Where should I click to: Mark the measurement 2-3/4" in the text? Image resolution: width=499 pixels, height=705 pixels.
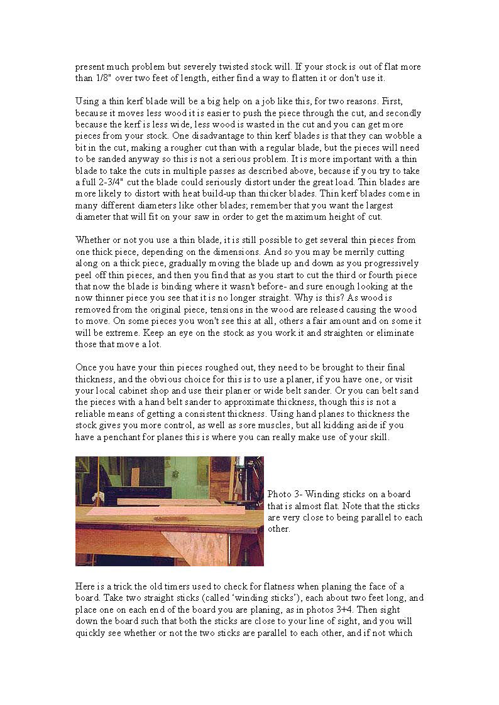(x=112, y=182)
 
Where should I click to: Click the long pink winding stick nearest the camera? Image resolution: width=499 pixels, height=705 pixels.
(x=165, y=511)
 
